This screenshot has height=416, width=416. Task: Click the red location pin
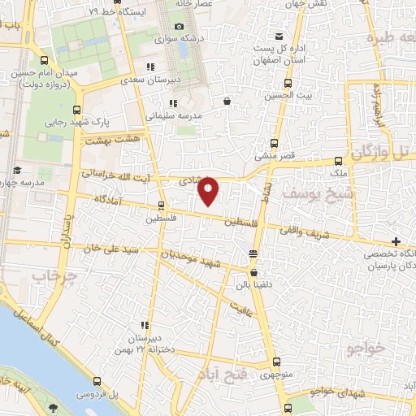click(x=210, y=190)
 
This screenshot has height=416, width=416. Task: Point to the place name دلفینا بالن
click(x=253, y=286)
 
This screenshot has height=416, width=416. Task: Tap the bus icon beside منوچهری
click(x=278, y=362)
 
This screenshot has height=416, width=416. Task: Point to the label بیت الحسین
click(x=288, y=95)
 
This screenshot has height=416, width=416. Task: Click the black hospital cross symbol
click(x=396, y=241)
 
